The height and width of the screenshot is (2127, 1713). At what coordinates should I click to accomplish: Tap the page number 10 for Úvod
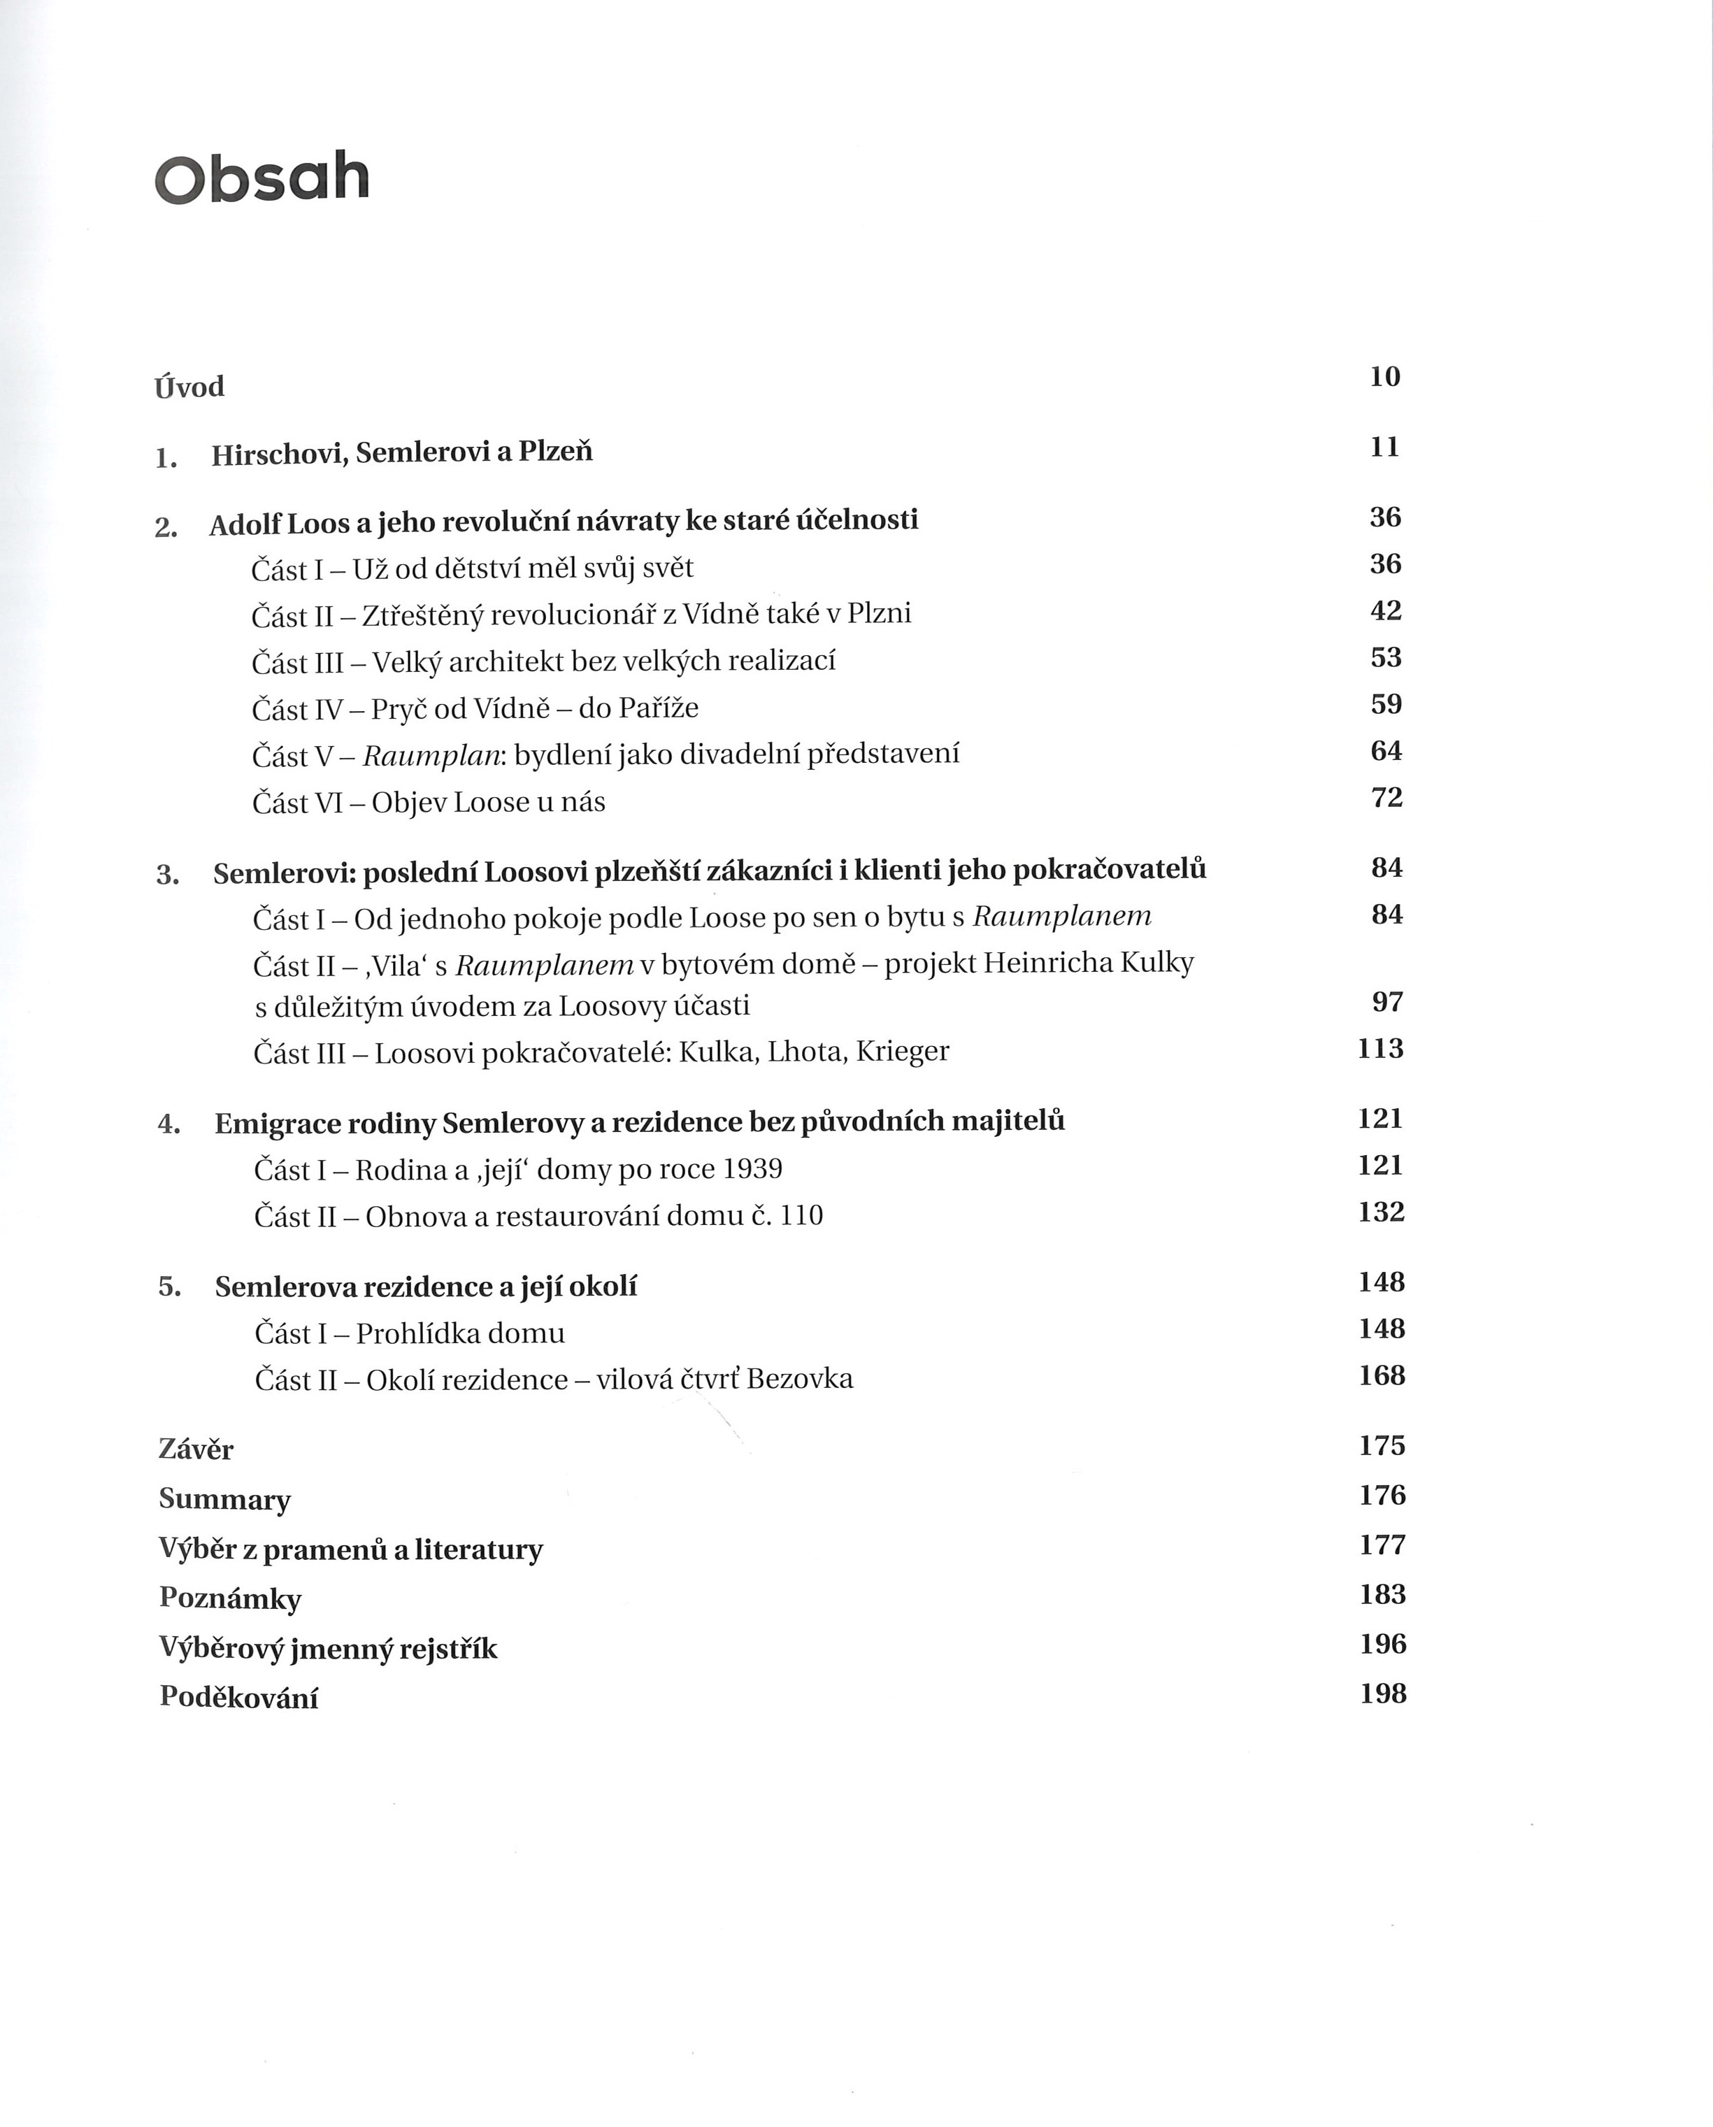pos(1384,377)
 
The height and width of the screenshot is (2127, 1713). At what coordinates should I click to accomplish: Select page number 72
pos(1386,797)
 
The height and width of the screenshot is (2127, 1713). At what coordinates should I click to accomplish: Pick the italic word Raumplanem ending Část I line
pos(1062,917)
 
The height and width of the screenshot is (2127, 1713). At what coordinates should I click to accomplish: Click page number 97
pos(1387,1003)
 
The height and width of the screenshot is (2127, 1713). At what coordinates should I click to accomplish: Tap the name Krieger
pos(902,1052)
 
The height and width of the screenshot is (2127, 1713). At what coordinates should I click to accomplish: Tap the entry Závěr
pos(196,1449)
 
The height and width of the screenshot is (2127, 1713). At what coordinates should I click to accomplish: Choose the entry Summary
pos(225,1500)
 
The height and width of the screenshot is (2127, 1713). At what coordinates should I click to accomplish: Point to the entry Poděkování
pos(239,1698)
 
